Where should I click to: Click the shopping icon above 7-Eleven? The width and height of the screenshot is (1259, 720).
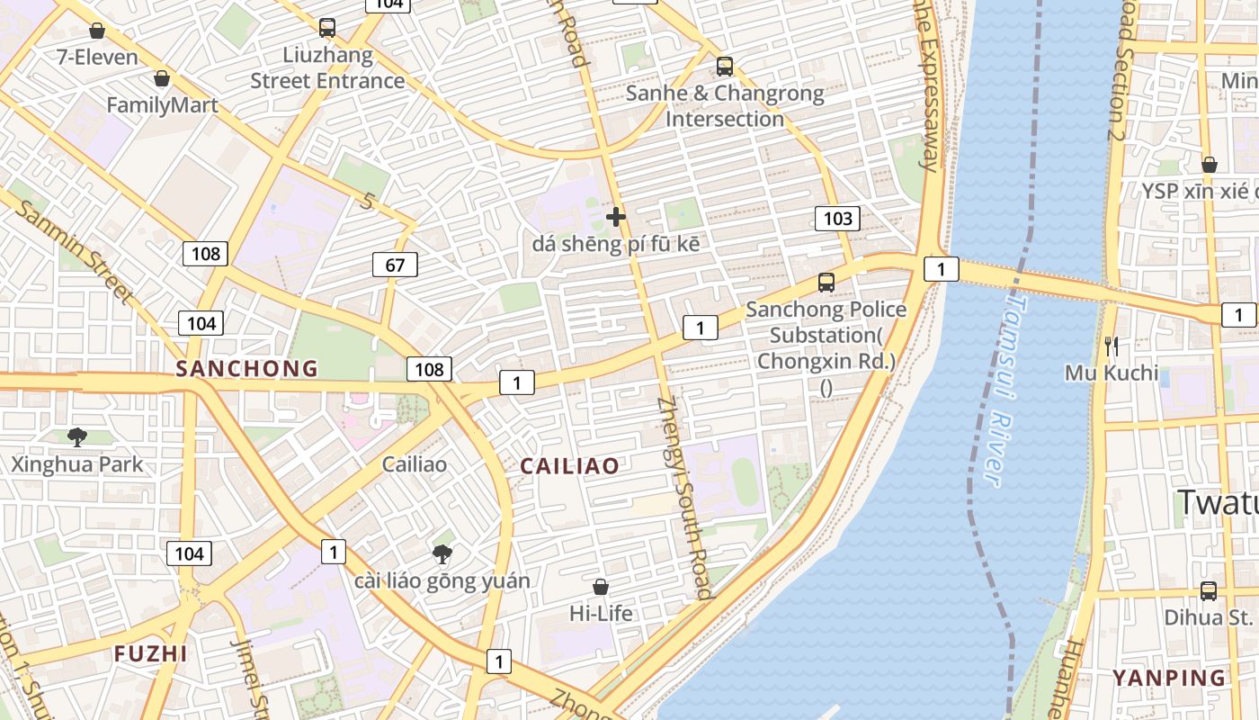click(97, 31)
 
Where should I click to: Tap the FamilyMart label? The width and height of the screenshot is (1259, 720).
click(162, 105)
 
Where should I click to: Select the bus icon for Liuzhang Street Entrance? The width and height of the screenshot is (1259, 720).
click(327, 28)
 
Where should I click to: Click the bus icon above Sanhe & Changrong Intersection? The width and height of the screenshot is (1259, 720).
click(725, 67)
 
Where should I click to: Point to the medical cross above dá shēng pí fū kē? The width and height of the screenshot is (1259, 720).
click(616, 217)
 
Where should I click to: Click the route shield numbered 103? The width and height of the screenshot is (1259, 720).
click(837, 218)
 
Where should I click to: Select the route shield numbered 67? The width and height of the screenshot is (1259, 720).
click(395, 265)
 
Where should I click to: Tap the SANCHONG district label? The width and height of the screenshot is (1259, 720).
click(247, 368)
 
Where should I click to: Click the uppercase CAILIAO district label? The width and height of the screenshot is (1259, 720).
click(570, 465)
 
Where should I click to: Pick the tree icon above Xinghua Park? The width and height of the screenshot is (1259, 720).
click(77, 437)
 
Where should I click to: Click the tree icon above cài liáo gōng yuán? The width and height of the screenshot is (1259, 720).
click(442, 553)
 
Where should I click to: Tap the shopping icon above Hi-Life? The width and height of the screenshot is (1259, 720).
click(601, 587)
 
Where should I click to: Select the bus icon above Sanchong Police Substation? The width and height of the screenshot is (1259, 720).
click(826, 283)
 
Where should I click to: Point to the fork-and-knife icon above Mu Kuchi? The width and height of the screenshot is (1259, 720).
click(1112, 346)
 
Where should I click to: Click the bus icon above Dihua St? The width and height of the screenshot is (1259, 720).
click(1209, 591)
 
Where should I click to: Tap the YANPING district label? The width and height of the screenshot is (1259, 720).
click(1169, 678)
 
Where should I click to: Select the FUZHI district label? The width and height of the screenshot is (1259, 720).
click(151, 653)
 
